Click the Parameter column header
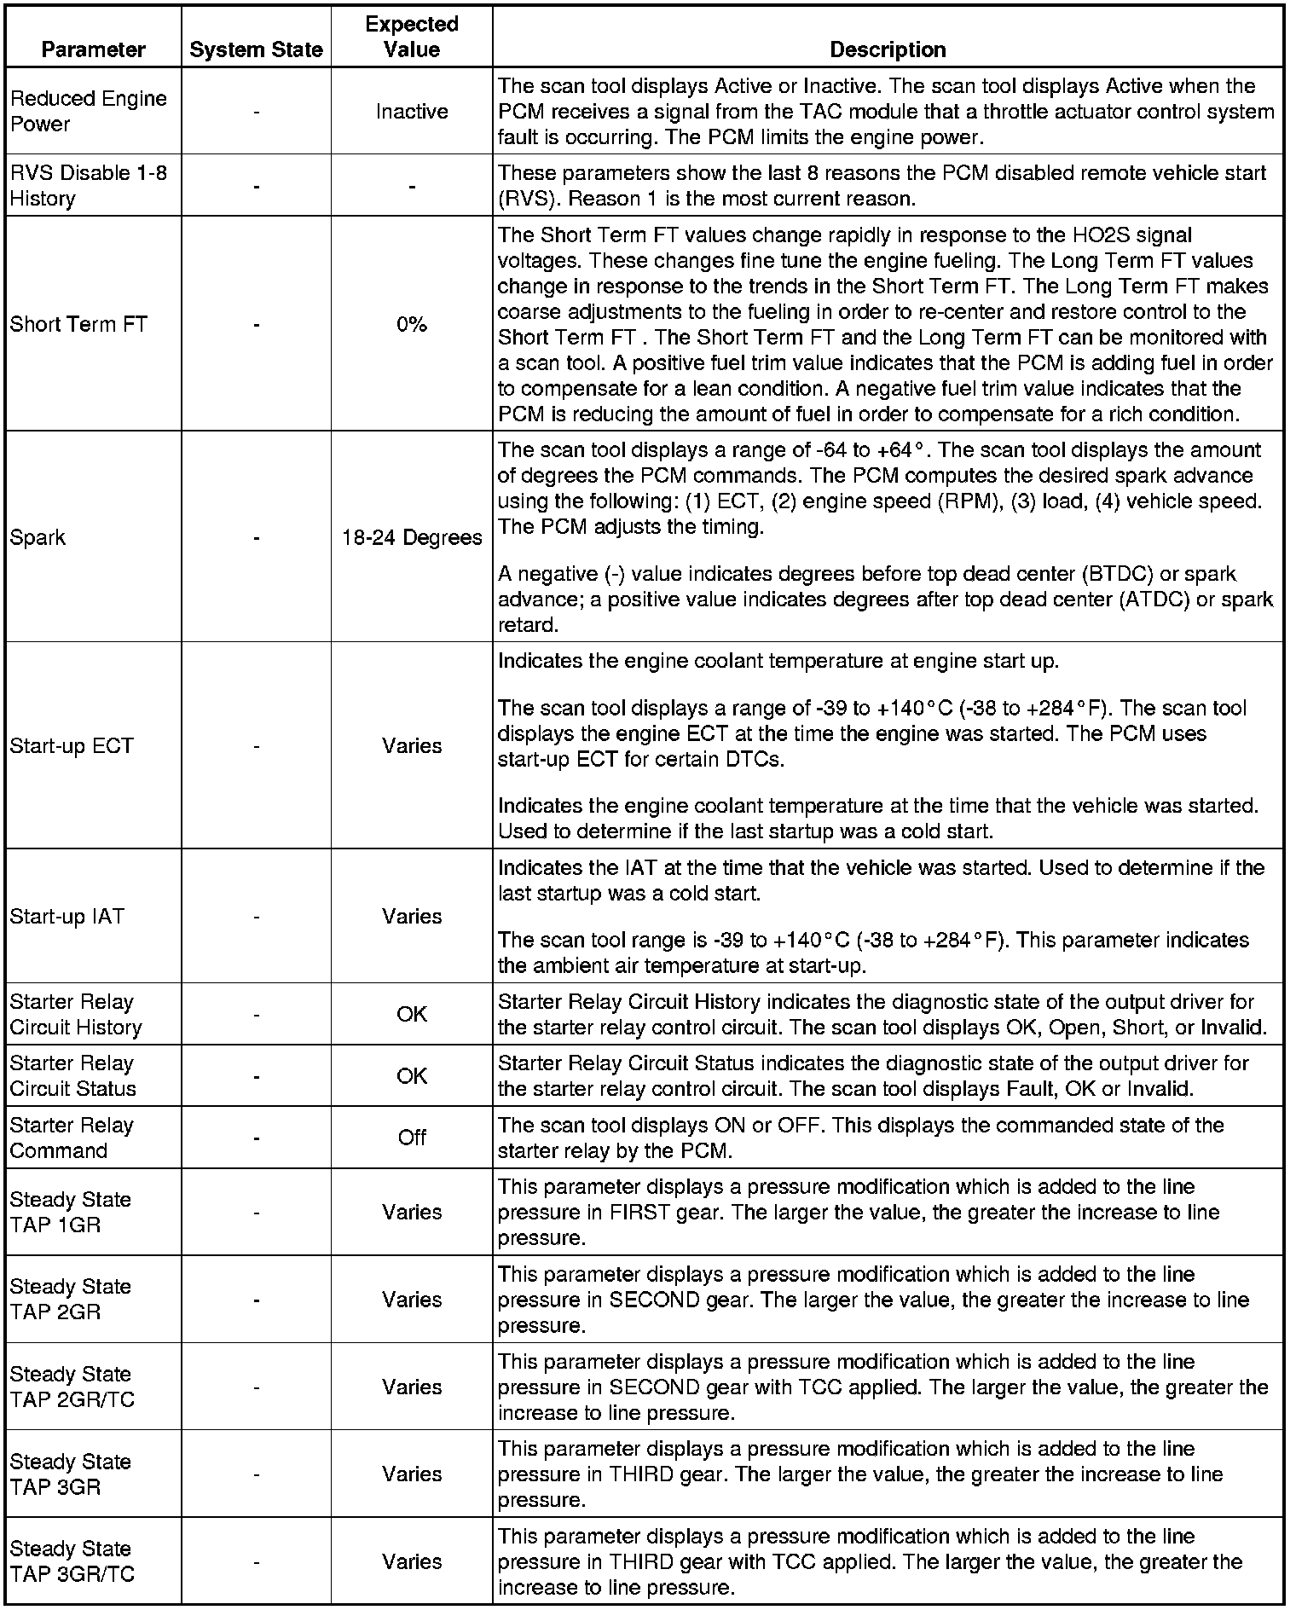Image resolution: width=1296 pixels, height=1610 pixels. (93, 49)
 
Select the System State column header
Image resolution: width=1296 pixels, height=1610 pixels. (256, 49)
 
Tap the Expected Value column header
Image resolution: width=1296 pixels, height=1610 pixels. (412, 37)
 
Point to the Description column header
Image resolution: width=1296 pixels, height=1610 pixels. (888, 49)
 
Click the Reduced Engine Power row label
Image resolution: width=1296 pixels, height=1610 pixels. (88, 111)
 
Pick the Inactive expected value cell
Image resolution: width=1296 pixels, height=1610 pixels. (412, 112)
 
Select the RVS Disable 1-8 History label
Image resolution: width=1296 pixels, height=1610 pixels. (88, 185)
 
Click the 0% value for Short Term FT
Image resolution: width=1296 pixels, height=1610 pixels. (412, 324)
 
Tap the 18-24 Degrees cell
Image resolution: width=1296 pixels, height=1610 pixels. (412, 537)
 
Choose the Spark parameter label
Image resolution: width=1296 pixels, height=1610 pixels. (38, 537)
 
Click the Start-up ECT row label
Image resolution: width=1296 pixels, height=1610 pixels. (72, 745)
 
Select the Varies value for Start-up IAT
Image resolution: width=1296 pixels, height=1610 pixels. (412, 916)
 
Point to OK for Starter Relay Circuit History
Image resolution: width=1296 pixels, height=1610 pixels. (412, 1014)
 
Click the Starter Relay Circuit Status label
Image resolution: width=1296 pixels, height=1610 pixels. (72, 1075)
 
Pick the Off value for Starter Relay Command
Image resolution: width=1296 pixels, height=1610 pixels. (412, 1137)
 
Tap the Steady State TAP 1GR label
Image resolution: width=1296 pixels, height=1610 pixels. (70, 1212)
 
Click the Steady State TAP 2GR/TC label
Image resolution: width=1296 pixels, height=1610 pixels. (72, 1387)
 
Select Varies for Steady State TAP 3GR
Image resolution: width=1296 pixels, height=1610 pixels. (412, 1474)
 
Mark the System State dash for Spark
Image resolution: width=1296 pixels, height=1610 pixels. (256, 537)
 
